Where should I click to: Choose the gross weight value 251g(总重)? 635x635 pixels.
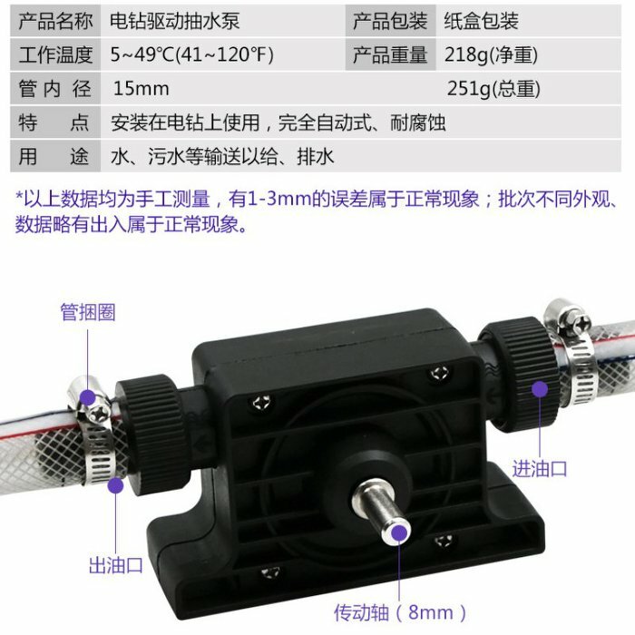pos(493,89)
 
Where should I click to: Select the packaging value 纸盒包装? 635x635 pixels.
pos(482,20)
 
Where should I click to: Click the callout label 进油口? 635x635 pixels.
pos(540,469)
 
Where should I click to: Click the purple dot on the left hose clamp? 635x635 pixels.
pos(88,396)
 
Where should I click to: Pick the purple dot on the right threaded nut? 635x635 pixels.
pos(539,390)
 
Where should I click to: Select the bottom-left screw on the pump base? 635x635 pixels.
pos(269,571)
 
